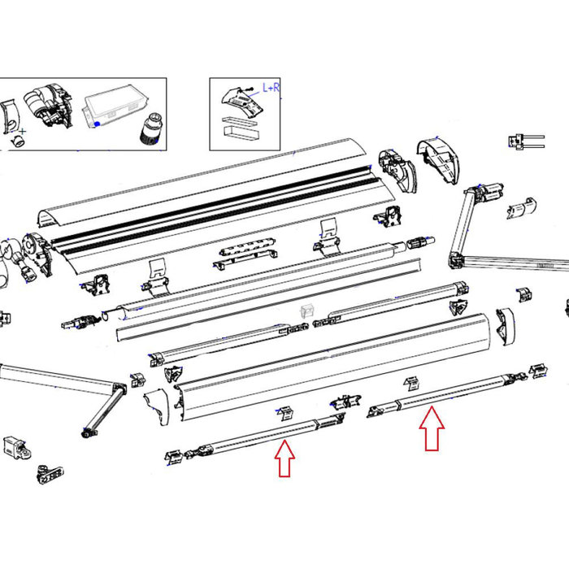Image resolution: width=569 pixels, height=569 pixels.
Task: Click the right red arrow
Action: tap(432, 428)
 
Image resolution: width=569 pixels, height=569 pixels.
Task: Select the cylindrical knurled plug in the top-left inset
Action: tap(150, 128)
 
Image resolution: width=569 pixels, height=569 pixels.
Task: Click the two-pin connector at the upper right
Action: tap(523, 140)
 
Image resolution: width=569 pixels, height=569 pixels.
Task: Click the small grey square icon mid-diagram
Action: tap(307, 311)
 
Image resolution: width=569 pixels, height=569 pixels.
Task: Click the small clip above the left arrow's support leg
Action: tap(284, 412)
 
